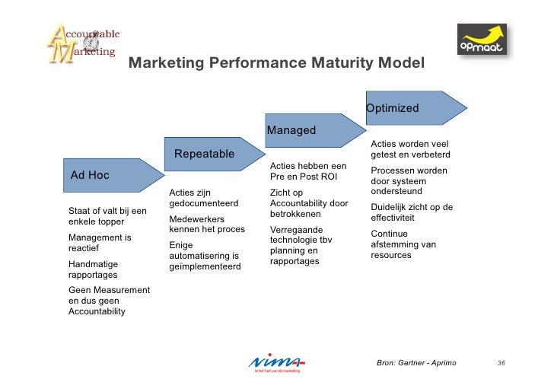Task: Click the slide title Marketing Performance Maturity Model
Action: point(276,63)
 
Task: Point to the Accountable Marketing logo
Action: point(82,43)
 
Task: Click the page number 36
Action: point(501,363)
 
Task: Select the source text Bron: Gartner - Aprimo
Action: point(416,363)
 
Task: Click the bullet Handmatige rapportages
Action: point(94,269)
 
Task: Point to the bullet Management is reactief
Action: point(100,243)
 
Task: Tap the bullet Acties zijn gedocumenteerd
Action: point(204,198)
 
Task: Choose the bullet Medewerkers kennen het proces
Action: point(207,224)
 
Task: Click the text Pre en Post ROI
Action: point(303,177)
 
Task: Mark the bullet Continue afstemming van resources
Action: point(403,244)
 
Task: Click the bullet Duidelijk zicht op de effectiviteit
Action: point(412,212)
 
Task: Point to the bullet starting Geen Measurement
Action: point(109,301)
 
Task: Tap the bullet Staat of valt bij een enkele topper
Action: point(107,216)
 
